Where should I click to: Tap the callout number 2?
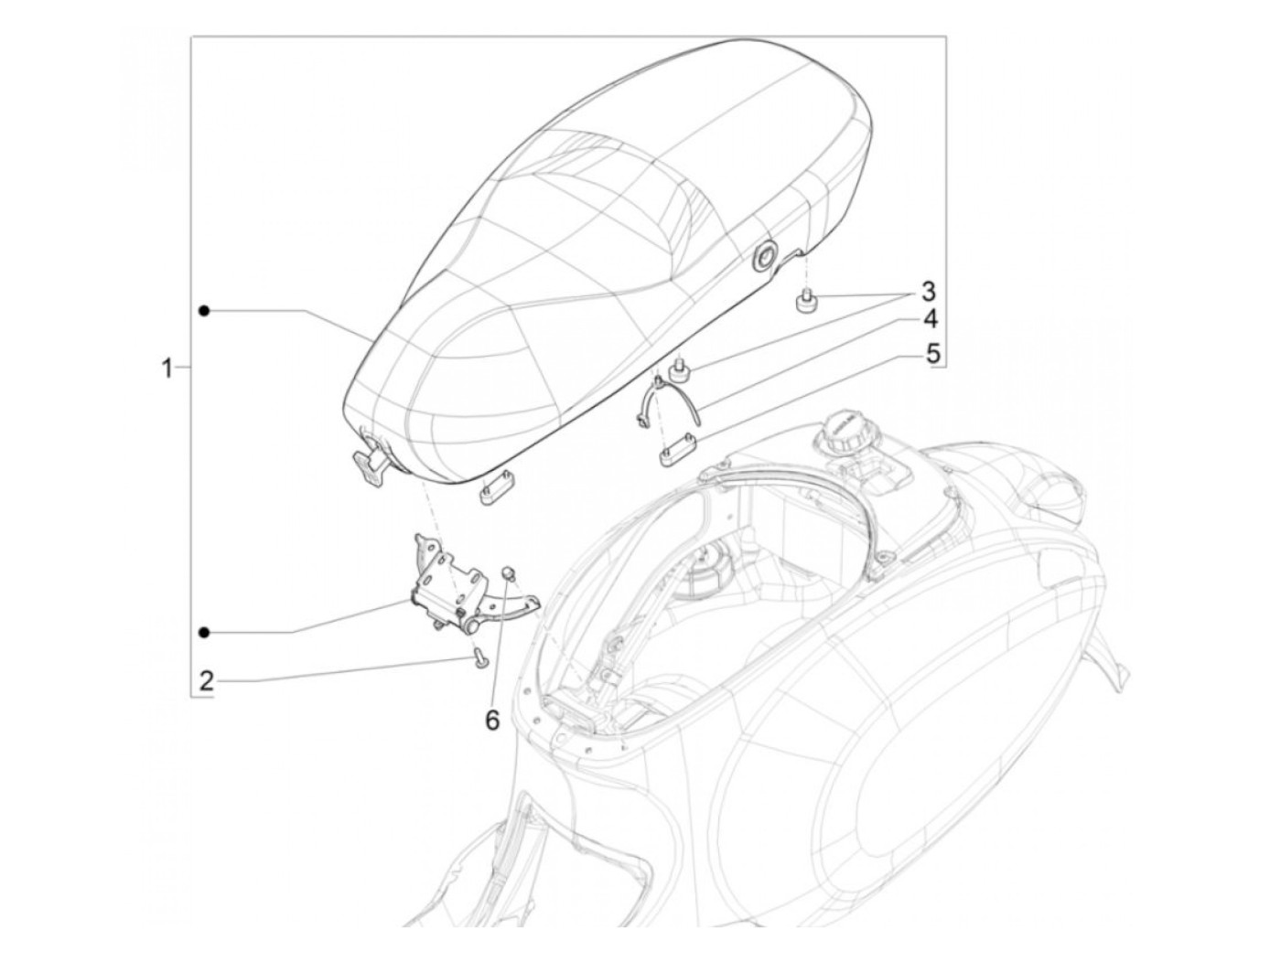pyautogui.click(x=207, y=679)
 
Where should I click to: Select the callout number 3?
pyautogui.click(x=928, y=292)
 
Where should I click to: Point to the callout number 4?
pyautogui.click(x=929, y=320)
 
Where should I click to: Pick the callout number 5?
pyautogui.click(x=932, y=353)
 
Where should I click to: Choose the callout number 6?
pyautogui.click(x=492, y=721)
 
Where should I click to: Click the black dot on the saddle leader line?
pyautogui.click(x=205, y=311)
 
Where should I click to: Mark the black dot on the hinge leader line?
pyautogui.click(x=205, y=632)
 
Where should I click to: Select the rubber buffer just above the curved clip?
pyautogui.click(x=680, y=369)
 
